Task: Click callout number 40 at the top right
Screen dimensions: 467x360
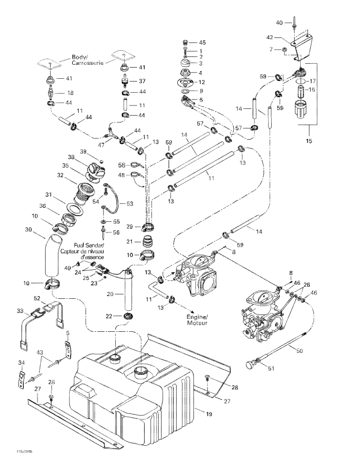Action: pyautogui.click(x=280, y=23)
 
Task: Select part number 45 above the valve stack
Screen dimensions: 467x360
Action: pyautogui.click(x=202, y=42)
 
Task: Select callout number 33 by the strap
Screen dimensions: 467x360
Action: pyautogui.click(x=21, y=311)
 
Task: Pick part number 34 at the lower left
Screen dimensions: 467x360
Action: pyautogui.click(x=21, y=364)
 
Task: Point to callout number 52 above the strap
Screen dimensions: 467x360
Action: pyautogui.click(x=37, y=298)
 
